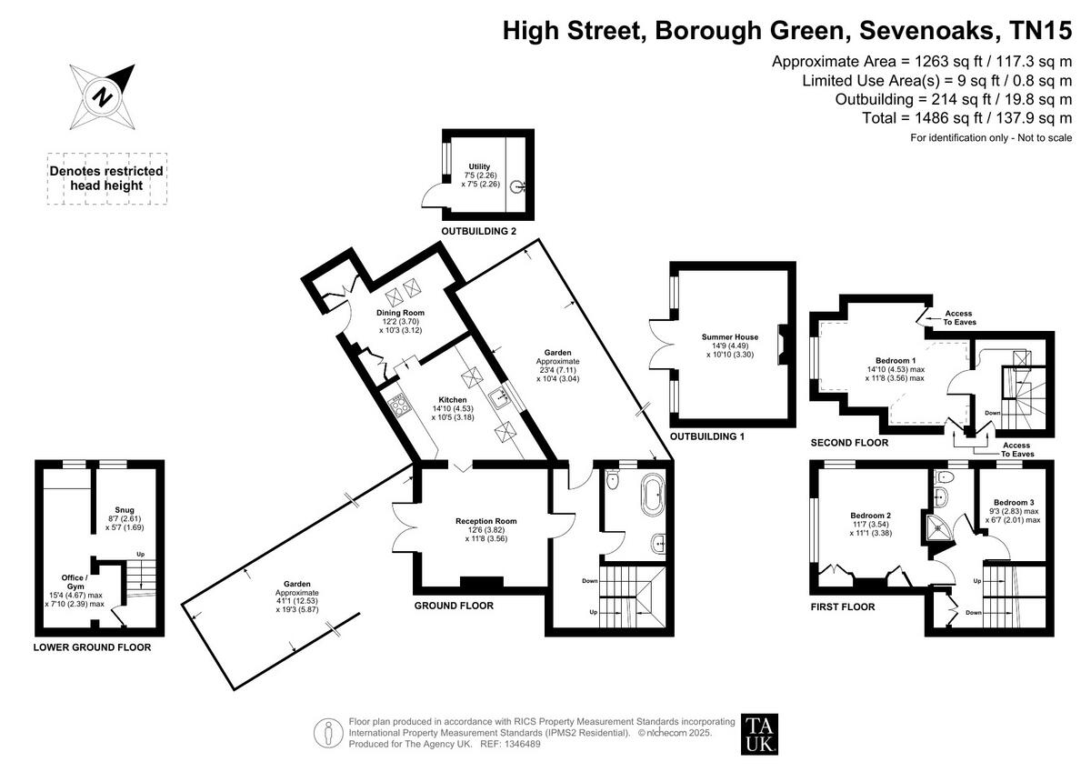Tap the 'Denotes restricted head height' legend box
click(106, 177)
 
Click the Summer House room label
click(724, 337)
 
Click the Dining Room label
click(401, 313)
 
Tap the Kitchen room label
click(452, 399)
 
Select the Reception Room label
click(485, 521)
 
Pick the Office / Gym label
click(75, 582)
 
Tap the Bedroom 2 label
click(870, 516)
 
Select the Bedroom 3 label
click(1013, 503)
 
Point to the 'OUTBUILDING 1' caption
click(707, 436)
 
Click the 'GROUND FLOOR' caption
click(454, 606)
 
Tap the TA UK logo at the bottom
click(760, 733)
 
